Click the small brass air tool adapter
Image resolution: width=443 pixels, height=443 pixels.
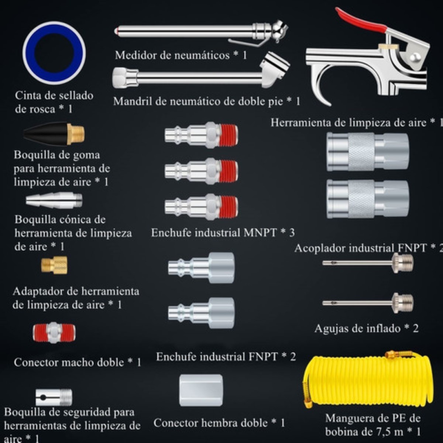[54, 265]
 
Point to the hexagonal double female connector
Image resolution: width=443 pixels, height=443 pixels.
[201, 390]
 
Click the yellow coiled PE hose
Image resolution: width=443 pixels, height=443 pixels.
[367, 380]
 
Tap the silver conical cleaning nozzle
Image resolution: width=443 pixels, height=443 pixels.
[54, 200]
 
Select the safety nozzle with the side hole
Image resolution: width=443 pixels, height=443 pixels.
[54, 397]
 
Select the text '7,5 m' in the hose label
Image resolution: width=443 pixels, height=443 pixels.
[390, 431]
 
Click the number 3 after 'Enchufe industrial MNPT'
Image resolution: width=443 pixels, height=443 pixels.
[292, 233]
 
